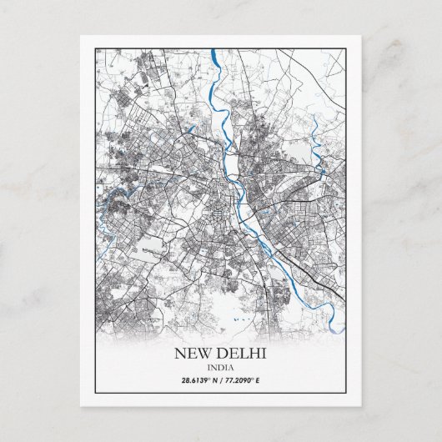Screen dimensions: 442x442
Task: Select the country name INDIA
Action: coord(220,368)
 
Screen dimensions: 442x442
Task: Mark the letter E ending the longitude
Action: coord(259,381)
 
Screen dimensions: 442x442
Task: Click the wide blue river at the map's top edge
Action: coord(214,57)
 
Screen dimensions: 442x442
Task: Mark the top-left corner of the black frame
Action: coord(95,48)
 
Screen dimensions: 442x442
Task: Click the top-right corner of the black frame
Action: coord(346,48)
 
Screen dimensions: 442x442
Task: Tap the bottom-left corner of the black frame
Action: coord(95,392)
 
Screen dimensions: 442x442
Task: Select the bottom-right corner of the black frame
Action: coord(346,392)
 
